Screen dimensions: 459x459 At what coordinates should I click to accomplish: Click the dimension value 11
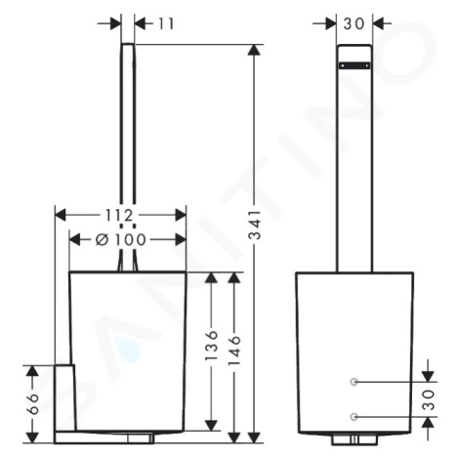tap(166, 23)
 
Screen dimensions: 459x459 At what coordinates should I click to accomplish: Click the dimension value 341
tap(255, 225)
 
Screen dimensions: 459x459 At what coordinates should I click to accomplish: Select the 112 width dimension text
tap(119, 215)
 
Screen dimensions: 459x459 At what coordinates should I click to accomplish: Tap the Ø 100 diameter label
tap(120, 240)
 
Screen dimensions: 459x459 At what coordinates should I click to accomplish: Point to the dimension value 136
tap(211, 346)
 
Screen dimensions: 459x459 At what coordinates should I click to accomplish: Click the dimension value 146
tap(234, 351)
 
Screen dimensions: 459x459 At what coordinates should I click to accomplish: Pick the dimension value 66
tap(32, 403)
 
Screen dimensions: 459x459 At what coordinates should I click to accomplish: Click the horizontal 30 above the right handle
tap(354, 23)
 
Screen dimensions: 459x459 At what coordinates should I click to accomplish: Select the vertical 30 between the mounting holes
tap(429, 399)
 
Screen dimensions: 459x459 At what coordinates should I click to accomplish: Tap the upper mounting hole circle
tap(355, 382)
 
